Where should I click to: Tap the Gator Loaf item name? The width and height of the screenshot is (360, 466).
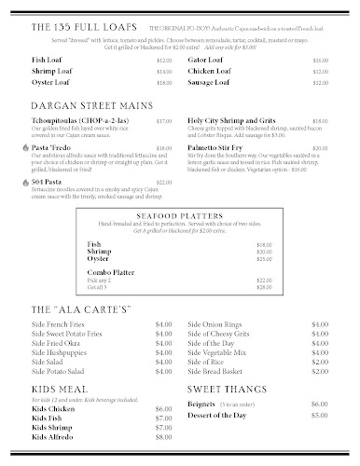pos(206,59)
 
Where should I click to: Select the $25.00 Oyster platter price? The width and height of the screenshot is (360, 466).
pos(238,258)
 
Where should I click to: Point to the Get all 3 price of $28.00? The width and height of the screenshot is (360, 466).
pos(238,286)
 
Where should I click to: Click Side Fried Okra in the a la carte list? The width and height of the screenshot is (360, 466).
pos(56,344)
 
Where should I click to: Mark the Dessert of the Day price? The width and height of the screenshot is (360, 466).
pos(320,417)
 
